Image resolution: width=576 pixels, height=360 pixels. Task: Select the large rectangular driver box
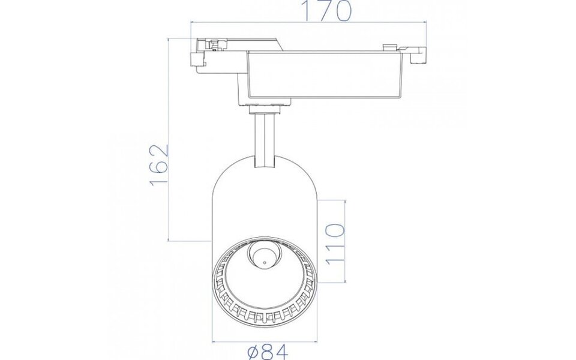tap(324, 76)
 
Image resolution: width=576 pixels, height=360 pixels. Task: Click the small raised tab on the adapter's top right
tap(389, 46)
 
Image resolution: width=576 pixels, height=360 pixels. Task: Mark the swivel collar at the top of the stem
tap(264, 107)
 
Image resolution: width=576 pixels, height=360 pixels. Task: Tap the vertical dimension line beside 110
tap(346, 240)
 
